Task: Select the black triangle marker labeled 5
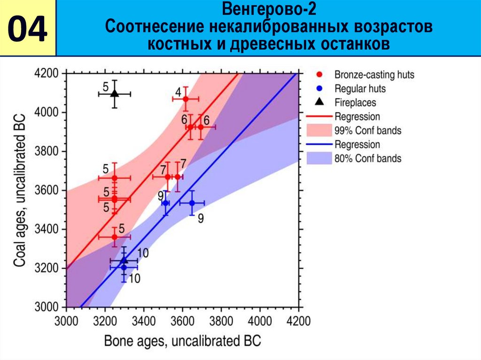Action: click(115, 93)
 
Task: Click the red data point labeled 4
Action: click(186, 99)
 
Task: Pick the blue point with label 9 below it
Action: click(192, 203)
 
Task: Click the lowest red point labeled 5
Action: click(114, 237)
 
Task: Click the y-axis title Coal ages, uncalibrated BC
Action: click(19, 190)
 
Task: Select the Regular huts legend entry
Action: click(360, 89)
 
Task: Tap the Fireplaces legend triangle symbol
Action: click(319, 101)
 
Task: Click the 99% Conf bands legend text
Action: click(368, 130)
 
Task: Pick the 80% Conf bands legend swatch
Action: click(319, 158)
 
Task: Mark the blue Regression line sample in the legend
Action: click(319, 145)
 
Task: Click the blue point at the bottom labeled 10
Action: click(124, 268)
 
